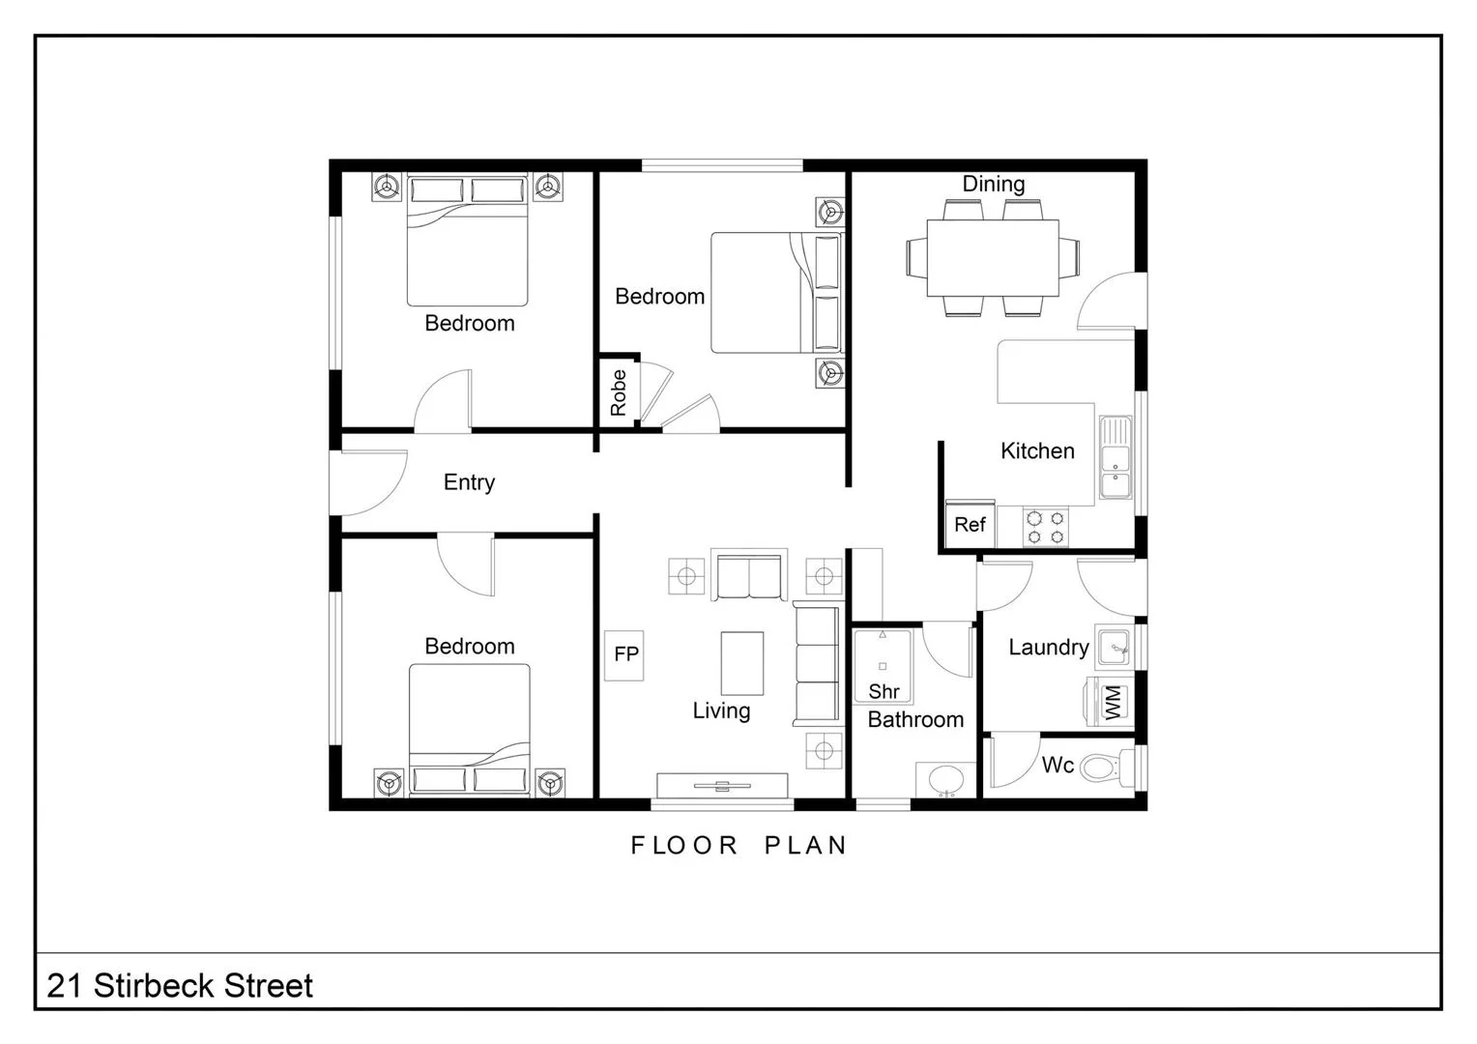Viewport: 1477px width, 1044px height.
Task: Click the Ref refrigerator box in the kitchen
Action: click(x=969, y=524)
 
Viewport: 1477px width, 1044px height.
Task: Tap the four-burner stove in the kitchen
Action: click(x=1046, y=527)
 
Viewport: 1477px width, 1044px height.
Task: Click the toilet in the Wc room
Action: click(x=1100, y=768)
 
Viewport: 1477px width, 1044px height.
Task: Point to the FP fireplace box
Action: click(x=625, y=654)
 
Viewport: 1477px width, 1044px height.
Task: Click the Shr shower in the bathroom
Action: click(x=883, y=667)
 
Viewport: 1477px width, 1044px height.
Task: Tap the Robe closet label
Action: click(x=619, y=392)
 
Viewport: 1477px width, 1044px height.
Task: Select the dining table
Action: click(x=993, y=258)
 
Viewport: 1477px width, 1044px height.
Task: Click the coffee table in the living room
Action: click(x=741, y=663)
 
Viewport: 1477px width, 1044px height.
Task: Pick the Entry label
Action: click(x=469, y=482)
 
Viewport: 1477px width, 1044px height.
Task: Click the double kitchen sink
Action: click(x=1115, y=458)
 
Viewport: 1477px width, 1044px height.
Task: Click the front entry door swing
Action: click(x=367, y=483)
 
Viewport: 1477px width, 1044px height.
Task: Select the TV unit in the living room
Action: click(x=722, y=785)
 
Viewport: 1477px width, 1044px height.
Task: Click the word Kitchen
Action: click(x=1037, y=450)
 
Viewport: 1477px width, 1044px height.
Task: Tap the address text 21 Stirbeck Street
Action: click(x=180, y=986)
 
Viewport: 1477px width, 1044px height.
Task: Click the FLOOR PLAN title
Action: click(x=738, y=846)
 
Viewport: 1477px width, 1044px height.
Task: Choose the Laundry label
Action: click(x=1048, y=648)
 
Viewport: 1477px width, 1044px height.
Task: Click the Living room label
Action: click(x=721, y=711)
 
